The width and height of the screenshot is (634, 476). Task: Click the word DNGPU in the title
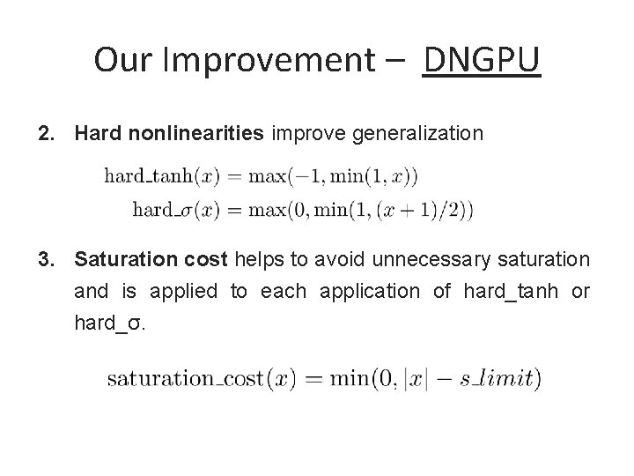point(482,60)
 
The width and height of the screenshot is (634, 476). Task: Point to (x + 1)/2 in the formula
point(421,209)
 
